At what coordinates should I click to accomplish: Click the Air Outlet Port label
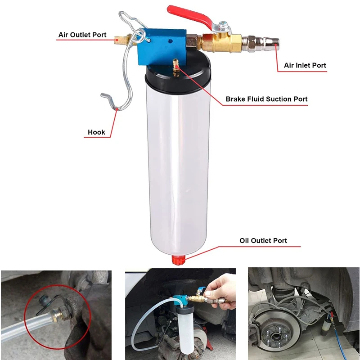(82, 35)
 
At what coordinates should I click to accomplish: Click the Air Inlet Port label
(305, 65)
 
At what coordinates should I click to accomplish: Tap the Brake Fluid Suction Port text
(266, 99)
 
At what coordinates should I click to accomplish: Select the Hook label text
(96, 132)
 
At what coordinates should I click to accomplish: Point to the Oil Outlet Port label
(263, 241)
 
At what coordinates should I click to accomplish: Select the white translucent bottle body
(178, 171)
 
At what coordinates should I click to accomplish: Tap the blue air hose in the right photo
(340, 344)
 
